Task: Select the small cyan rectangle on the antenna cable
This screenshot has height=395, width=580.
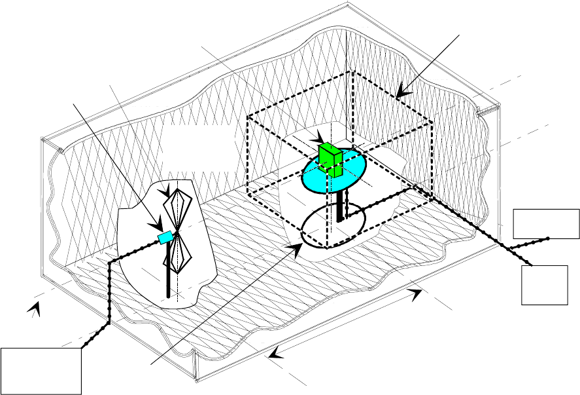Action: point(165,237)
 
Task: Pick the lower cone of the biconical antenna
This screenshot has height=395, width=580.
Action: point(178,255)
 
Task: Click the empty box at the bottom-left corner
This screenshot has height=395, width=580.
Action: point(41,371)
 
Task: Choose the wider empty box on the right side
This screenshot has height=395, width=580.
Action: point(546,223)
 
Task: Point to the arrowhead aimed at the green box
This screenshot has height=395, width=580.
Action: point(320,140)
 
